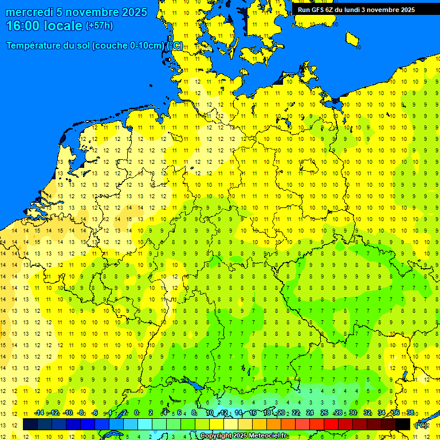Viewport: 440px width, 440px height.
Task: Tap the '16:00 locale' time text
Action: pyautogui.click(x=44, y=26)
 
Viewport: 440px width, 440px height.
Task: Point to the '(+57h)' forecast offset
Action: pyautogui.click(x=99, y=26)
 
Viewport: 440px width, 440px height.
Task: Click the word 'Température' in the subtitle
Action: pyautogui.click(x=35, y=46)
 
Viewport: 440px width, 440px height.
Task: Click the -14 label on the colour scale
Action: pyautogui.click(x=39, y=412)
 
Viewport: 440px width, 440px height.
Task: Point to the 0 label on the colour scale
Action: pyautogui.click(x=136, y=412)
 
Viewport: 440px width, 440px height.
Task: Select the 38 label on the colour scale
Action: pyautogui.click(x=410, y=412)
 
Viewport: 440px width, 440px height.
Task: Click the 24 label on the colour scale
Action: pyautogui.click(x=310, y=412)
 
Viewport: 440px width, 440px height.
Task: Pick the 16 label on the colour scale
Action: pyautogui.click(x=253, y=412)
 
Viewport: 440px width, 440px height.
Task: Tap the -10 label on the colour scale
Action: pyautogui.click(x=67, y=412)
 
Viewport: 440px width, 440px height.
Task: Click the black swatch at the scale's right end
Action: pyautogui.click(x=403, y=424)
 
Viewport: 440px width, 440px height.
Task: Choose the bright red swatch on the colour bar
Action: pyautogui.click(x=331, y=424)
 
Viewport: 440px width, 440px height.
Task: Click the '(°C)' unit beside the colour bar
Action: pyautogui.click(x=421, y=425)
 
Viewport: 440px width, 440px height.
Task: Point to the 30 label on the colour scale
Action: pyautogui.click(x=353, y=412)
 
